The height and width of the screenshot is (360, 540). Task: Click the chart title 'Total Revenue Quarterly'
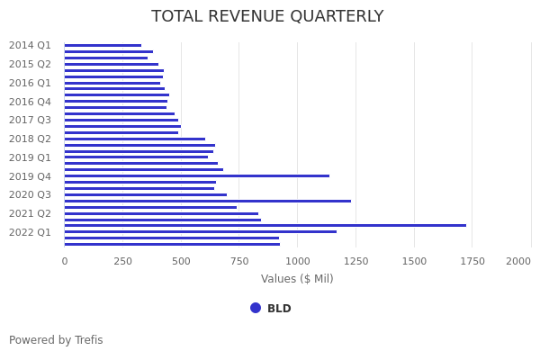pyautogui.click(x=267, y=16)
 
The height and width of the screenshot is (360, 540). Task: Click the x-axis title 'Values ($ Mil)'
pyautogui.click(x=297, y=279)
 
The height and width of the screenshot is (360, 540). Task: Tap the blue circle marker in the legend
pyautogui.click(x=256, y=308)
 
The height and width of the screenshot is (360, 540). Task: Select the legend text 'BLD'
pyautogui.click(x=279, y=309)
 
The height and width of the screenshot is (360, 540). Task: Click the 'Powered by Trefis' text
pyautogui.click(x=56, y=340)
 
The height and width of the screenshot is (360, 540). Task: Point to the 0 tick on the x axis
pyautogui.click(x=65, y=261)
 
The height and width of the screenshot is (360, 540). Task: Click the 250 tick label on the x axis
pyautogui.click(x=122, y=261)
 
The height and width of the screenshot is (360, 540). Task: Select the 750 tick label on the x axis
pyautogui.click(x=239, y=261)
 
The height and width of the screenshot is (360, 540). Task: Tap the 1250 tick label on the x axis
pyautogui.click(x=355, y=261)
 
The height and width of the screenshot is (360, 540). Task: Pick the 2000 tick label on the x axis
pyautogui.click(x=518, y=261)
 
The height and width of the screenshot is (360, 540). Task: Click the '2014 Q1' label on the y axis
pyautogui.click(x=30, y=45)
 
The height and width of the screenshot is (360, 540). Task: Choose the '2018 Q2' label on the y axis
pyautogui.click(x=30, y=139)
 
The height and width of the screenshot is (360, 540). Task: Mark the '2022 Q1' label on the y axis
pyautogui.click(x=30, y=232)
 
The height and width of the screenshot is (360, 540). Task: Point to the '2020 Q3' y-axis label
pyautogui.click(x=30, y=194)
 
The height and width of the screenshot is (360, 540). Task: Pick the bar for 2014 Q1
pyautogui.click(x=103, y=45)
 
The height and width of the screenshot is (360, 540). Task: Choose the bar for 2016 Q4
pyautogui.click(x=116, y=101)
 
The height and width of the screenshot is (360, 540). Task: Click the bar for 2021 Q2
pyautogui.click(x=161, y=213)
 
